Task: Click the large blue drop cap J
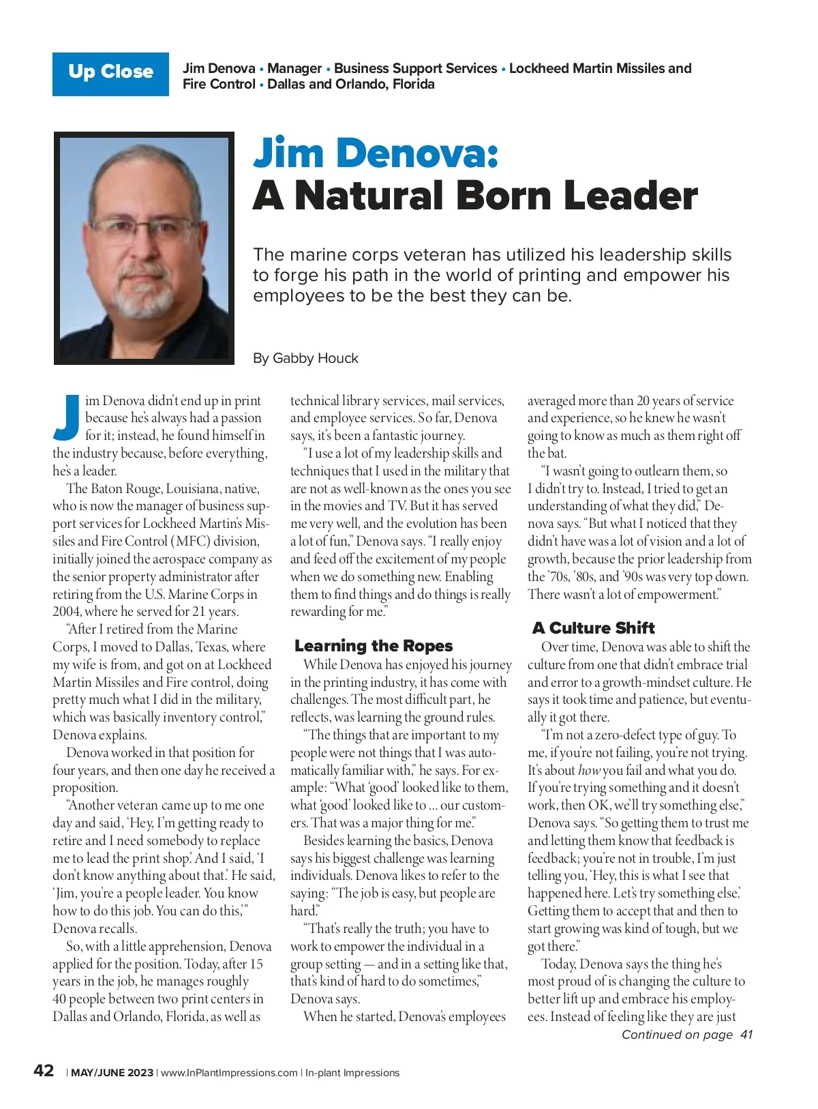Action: [x=67, y=417]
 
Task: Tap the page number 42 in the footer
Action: [x=44, y=1071]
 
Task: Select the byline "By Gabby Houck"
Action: [x=305, y=358]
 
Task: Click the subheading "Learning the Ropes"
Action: [x=374, y=646]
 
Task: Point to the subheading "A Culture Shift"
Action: [x=593, y=628]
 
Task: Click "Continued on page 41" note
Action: [x=686, y=1035]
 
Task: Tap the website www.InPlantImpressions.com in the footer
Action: [x=229, y=1073]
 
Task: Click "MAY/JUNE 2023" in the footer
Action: [x=112, y=1073]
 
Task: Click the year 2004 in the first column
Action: [x=66, y=612]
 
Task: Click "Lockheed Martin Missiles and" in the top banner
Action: [x=600, y=68]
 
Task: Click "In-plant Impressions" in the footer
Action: [x=352, y=1073]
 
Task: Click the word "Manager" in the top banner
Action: [x=294, y=68]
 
